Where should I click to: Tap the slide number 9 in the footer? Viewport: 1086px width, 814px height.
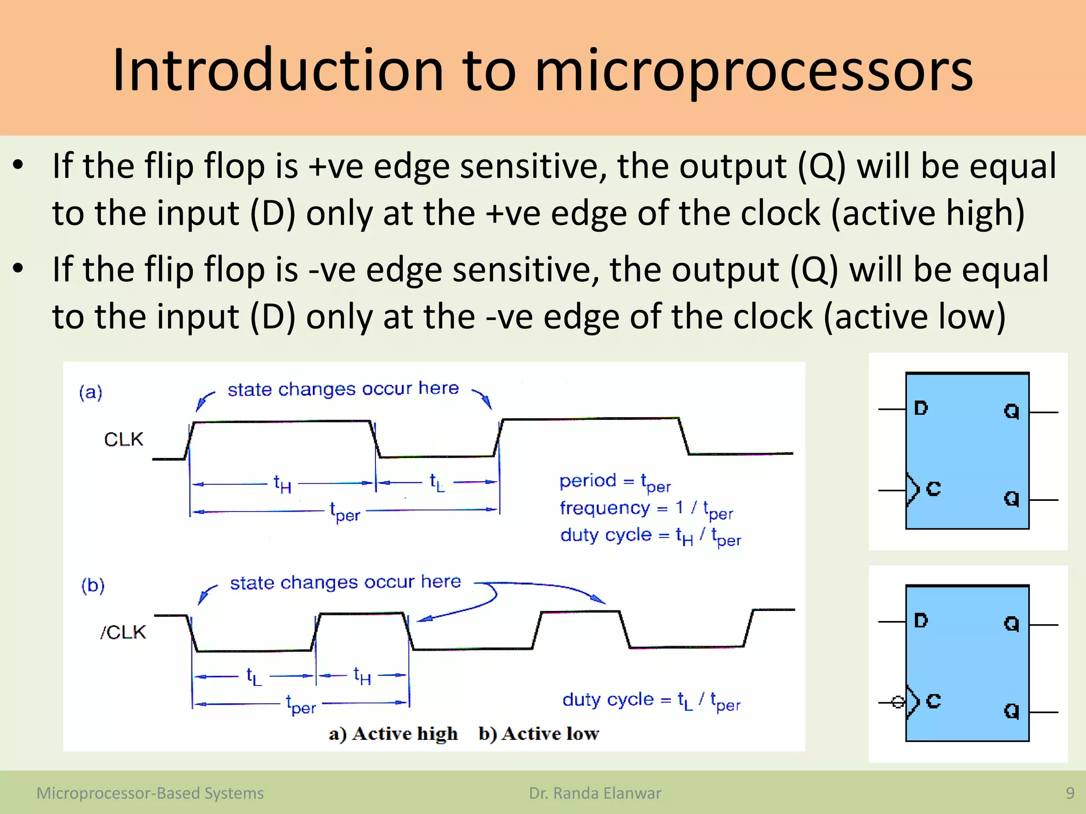[x=1070, y=793]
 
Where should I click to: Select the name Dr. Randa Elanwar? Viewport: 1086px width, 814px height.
[x=595, y=793]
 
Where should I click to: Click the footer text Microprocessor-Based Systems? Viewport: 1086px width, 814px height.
[x=150, y=793]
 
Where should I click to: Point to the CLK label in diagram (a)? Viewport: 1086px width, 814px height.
[x=124, y=439]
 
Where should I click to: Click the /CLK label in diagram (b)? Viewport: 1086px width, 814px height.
[x=123, y=632]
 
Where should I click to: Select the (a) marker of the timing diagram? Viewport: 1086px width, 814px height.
[x=91, y=392]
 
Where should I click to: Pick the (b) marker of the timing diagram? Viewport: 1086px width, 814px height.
[x=93, y=585]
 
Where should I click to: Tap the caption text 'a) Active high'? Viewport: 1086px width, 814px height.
[x=393, y=733]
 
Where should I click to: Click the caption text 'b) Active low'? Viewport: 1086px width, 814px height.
[x=538, y=733]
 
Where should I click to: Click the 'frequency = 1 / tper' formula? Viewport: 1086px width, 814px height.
[x=646, y=509]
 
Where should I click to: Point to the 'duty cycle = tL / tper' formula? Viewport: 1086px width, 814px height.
[x=651, y=701]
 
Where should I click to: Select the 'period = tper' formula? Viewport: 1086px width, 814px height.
[x=615, y=482]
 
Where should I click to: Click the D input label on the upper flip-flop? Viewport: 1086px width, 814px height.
[x=921, y=408]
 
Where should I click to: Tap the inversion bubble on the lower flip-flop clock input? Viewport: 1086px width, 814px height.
[x=897, y=702]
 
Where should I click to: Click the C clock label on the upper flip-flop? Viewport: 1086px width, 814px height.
[x=933, y=489]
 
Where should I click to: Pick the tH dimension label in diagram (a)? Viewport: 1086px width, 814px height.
[x=282, y=484]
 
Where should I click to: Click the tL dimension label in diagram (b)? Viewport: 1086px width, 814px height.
[x=254, y=677]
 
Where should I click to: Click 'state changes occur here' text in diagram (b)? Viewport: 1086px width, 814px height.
[x=345, y=582]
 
